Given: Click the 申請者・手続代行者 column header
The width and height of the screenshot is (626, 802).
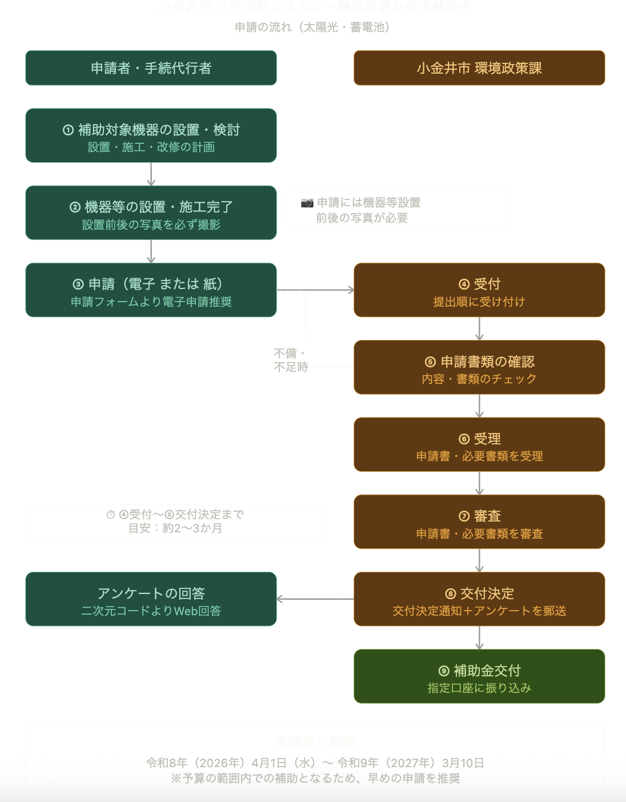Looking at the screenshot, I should (x=151, y=68).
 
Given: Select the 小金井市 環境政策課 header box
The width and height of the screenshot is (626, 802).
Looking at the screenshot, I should (x=479, y=68).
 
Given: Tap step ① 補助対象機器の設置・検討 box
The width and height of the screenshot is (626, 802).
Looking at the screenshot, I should (x=151, y=135).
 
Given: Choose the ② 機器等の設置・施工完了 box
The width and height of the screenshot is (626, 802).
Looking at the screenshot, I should (x=151, y=212).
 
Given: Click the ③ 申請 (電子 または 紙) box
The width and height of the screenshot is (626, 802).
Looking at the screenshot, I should (x=151, y=290).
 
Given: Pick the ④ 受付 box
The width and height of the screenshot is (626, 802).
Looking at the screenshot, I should (x=479, y=290).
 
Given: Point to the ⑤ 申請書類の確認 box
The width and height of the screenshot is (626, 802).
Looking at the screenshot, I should (x=479, y=367).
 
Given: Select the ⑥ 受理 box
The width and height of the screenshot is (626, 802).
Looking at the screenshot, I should (x=479, y=444).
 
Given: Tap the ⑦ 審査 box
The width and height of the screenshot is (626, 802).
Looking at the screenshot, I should (x=479, y=522).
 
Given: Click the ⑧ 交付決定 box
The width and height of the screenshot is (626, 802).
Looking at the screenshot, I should (x=479, y=599).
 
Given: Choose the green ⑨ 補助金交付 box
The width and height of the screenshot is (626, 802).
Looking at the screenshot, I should (x=479, y=676).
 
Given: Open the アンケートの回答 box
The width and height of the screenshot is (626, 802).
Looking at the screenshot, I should (x=151, y=599).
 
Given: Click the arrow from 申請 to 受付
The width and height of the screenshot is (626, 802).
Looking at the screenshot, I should (x=315, y=290).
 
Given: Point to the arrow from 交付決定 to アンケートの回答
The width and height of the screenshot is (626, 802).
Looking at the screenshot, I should (x=315, y=599).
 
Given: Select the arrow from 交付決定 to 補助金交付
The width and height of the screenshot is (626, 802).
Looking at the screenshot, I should (x=479, y=637).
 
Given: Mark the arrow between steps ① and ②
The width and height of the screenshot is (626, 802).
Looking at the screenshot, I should (x=151, y=174).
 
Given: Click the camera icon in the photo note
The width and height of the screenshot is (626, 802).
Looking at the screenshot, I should (x=307, y=203).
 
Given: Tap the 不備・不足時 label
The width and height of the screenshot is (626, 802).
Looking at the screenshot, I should (x=291, y=360).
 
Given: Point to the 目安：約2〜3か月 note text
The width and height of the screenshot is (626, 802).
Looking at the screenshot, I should (x=175, y=528).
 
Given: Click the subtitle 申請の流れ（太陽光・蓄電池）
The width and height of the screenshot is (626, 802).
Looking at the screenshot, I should (x=312, y=27).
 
